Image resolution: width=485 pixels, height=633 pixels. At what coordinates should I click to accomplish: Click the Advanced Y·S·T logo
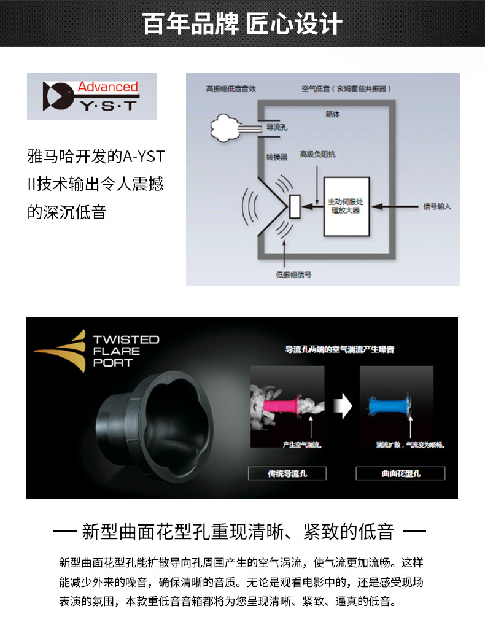(x=91, y=96)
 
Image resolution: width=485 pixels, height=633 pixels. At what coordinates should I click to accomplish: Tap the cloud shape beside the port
(x=226, y=128)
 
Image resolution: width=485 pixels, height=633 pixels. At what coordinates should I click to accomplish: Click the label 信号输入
(x=437, y=206)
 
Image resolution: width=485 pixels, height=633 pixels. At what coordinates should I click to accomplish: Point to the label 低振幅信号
(x=293, y=274)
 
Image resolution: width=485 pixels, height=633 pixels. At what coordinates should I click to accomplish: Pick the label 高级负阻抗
(x=317, y=154)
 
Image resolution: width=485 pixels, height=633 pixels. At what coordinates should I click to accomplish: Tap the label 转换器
(x=276, y=157)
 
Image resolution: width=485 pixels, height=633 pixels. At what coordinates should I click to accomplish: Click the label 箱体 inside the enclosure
(x=332, y=115)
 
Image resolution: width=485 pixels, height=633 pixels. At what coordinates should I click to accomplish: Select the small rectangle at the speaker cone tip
(x=294, y=206)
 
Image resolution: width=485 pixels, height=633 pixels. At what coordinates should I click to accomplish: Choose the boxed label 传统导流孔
(x=287, y=473)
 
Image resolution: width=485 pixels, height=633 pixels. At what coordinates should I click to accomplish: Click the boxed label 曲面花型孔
(x=400, y=473)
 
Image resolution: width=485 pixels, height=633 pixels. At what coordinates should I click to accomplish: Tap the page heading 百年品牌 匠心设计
(x=243, y=25)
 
